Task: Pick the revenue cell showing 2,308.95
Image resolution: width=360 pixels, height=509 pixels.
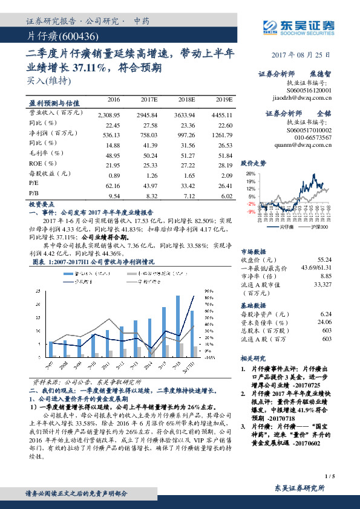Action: tap(109, 114)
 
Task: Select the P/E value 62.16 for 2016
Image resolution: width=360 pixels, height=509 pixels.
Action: tap(113, 186)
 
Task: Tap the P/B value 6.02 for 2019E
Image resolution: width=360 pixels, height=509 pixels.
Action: tap(227, 196)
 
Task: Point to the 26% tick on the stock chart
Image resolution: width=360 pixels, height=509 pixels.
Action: tap(250, 173)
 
